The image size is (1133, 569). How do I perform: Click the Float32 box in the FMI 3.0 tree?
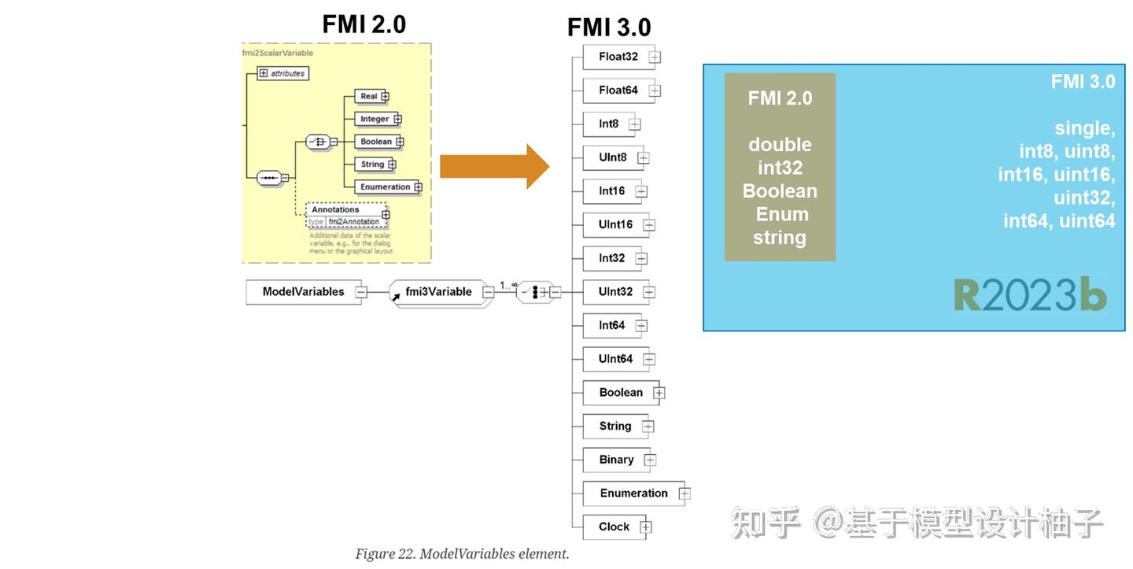tap(618, 57)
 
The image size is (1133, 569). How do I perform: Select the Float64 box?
tap(618, 91)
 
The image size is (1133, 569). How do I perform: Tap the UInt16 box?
tap(615, 225)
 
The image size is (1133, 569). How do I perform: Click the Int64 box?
tap(611, 326)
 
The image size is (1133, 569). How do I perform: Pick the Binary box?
tap(616, 460)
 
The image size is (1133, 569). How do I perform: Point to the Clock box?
tap(614, 527)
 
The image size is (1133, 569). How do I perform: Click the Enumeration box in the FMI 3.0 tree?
tap(633, 493)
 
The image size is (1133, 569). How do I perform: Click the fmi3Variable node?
tap(439, 292)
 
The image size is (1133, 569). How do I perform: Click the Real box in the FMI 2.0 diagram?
tap(368, 96)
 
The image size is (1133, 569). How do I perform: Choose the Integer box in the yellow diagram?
tap(375, 119)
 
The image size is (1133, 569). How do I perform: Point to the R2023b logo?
tap(1030, 295)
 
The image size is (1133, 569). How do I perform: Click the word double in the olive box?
tap(780, 145)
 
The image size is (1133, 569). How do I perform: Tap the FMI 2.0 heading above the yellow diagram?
tap(364, 24)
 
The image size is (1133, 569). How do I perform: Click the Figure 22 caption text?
tap(462, 554)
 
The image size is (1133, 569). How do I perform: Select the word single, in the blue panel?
tap(1084, 128)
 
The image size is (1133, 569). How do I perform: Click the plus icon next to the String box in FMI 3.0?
tap(648, 427)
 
